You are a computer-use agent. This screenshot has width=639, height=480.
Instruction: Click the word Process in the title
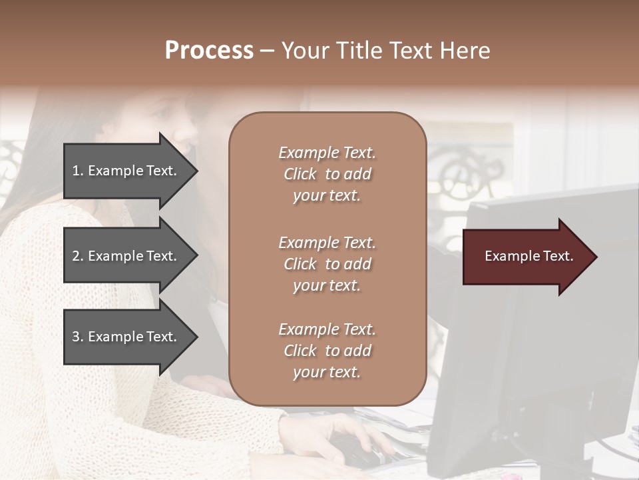[209, 51]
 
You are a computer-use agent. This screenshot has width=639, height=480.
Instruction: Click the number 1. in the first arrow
[78, 171]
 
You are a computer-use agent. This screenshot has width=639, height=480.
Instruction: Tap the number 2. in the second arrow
[78, 257]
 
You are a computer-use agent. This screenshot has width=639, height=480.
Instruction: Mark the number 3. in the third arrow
[78, 337]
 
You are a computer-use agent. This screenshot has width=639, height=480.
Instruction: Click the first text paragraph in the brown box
[327, 174]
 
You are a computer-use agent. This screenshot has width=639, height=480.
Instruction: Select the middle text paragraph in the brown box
[327, 264]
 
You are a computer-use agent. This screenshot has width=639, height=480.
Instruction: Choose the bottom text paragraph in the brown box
[327, 351]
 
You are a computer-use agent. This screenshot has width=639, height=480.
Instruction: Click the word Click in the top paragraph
[300, 175]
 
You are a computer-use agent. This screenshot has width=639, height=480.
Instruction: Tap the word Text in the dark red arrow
[556, 257]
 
